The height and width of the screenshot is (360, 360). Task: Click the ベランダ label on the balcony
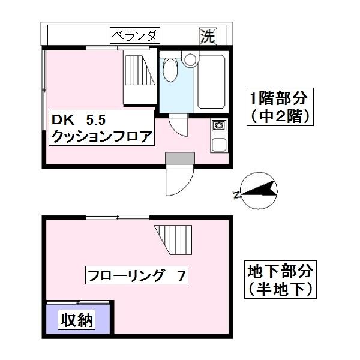click(x=134, y=35)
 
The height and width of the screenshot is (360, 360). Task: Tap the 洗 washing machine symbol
click(x=207, y=36)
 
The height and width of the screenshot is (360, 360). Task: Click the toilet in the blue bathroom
click(x=170, y=70)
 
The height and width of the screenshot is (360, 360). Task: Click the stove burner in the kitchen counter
click(x=218, y=126)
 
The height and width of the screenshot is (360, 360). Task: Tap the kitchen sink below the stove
click(x=218, y=145)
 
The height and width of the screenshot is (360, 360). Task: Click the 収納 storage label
click(x=77, y=320)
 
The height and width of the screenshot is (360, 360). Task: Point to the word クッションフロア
click(x=101, y=136)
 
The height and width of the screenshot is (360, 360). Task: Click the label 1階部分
click(x=280, y=97)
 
